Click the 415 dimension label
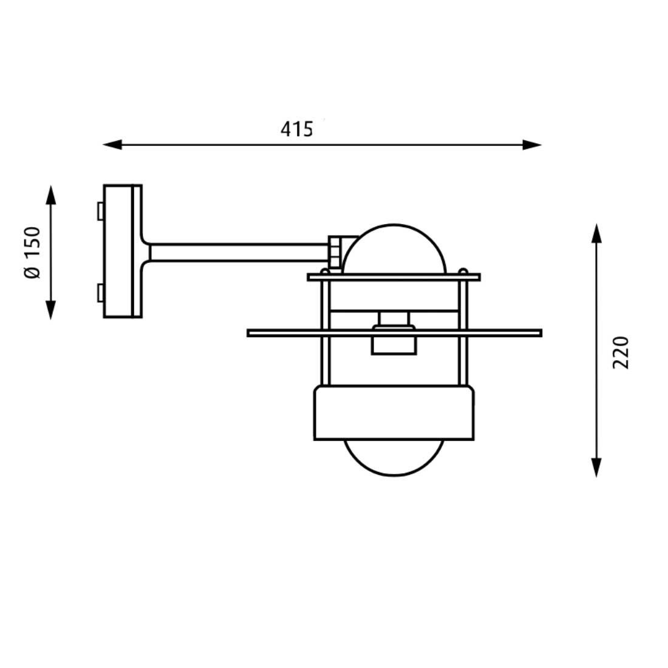click(x=297, y=129)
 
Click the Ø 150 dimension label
click(x=32, y=252)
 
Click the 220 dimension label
click(x=621, y=352)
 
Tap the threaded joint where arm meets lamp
click(x=335, y=251)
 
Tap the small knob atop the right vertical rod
click(x=463, y=271)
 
